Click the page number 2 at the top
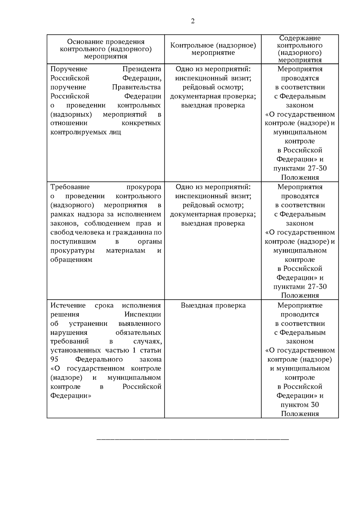point(193,21)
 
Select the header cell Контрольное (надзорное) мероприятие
point(213,49)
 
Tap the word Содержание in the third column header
point(300,38)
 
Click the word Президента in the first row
point(142,69)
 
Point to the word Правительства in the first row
point(136,87)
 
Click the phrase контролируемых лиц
point(86,132)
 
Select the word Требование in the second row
point(70,187)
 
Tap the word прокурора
point(144,187)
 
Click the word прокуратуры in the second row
point(73,250)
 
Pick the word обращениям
point(71,260)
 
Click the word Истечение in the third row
point(68,305)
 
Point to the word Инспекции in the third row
point(143,315)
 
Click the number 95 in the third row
point(54,359)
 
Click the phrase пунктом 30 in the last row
point(300,405)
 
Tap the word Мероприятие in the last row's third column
point(300,305)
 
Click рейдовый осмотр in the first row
point(213,87)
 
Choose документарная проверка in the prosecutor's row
point(213,214)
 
